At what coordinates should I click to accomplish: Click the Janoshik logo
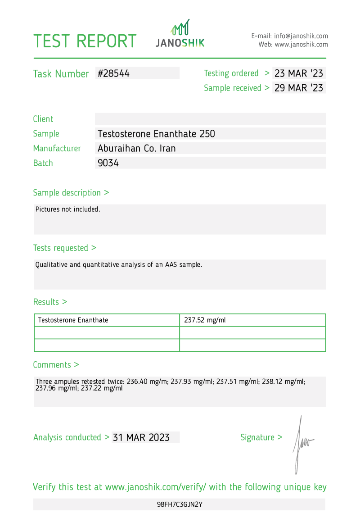tap(180, 34)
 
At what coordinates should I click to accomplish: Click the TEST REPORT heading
tap(85, 41)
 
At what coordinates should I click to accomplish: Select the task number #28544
tap(113, 73)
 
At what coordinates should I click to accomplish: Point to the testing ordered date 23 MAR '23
tap(299, 73)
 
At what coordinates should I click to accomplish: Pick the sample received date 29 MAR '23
tap(299, 88)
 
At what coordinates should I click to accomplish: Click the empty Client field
tap(210, 119)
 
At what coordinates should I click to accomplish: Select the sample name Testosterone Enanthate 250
tap(156, 134)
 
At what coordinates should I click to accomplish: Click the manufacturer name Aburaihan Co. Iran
tap(137, 148)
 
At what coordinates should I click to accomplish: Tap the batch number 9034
tap(108, 163)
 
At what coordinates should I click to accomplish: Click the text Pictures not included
tap(68, 209)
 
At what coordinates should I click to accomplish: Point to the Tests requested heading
tap(64, 248)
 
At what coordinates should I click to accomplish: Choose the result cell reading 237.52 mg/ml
tap(205, 320)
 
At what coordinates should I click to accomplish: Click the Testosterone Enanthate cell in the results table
tap(73, 320)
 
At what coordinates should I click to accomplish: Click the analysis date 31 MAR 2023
tap(141, 437)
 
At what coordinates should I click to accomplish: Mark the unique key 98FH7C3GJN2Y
tap(180, 504)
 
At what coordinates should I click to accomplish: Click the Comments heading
tap(56, 365)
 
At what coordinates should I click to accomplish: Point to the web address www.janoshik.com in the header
tap(301, 45)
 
